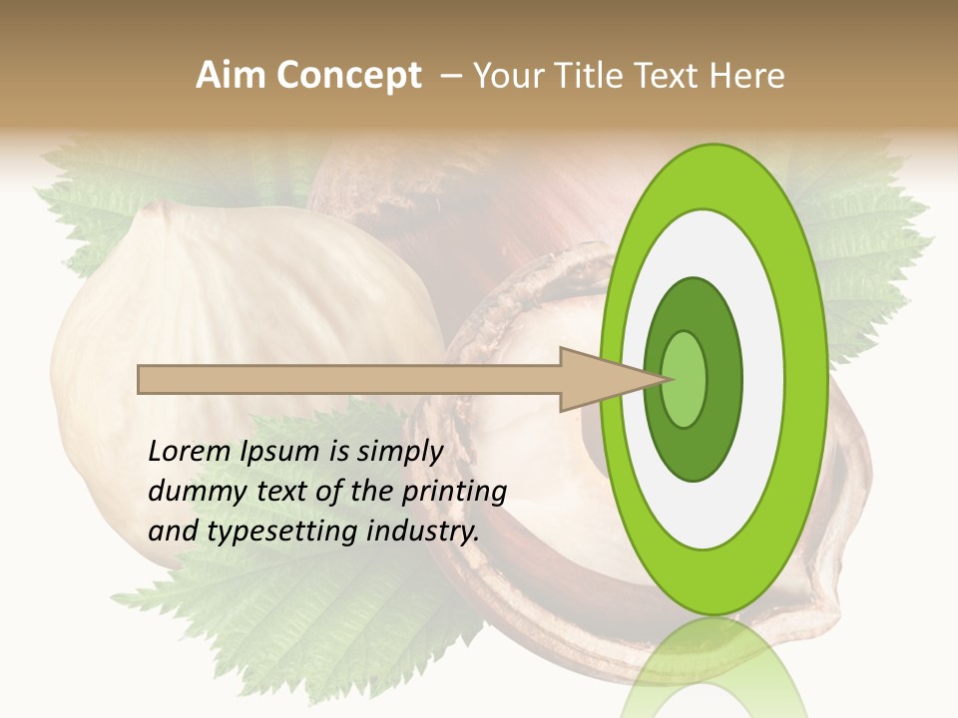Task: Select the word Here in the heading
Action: pos(747,76)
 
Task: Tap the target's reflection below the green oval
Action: pos(715,668)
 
